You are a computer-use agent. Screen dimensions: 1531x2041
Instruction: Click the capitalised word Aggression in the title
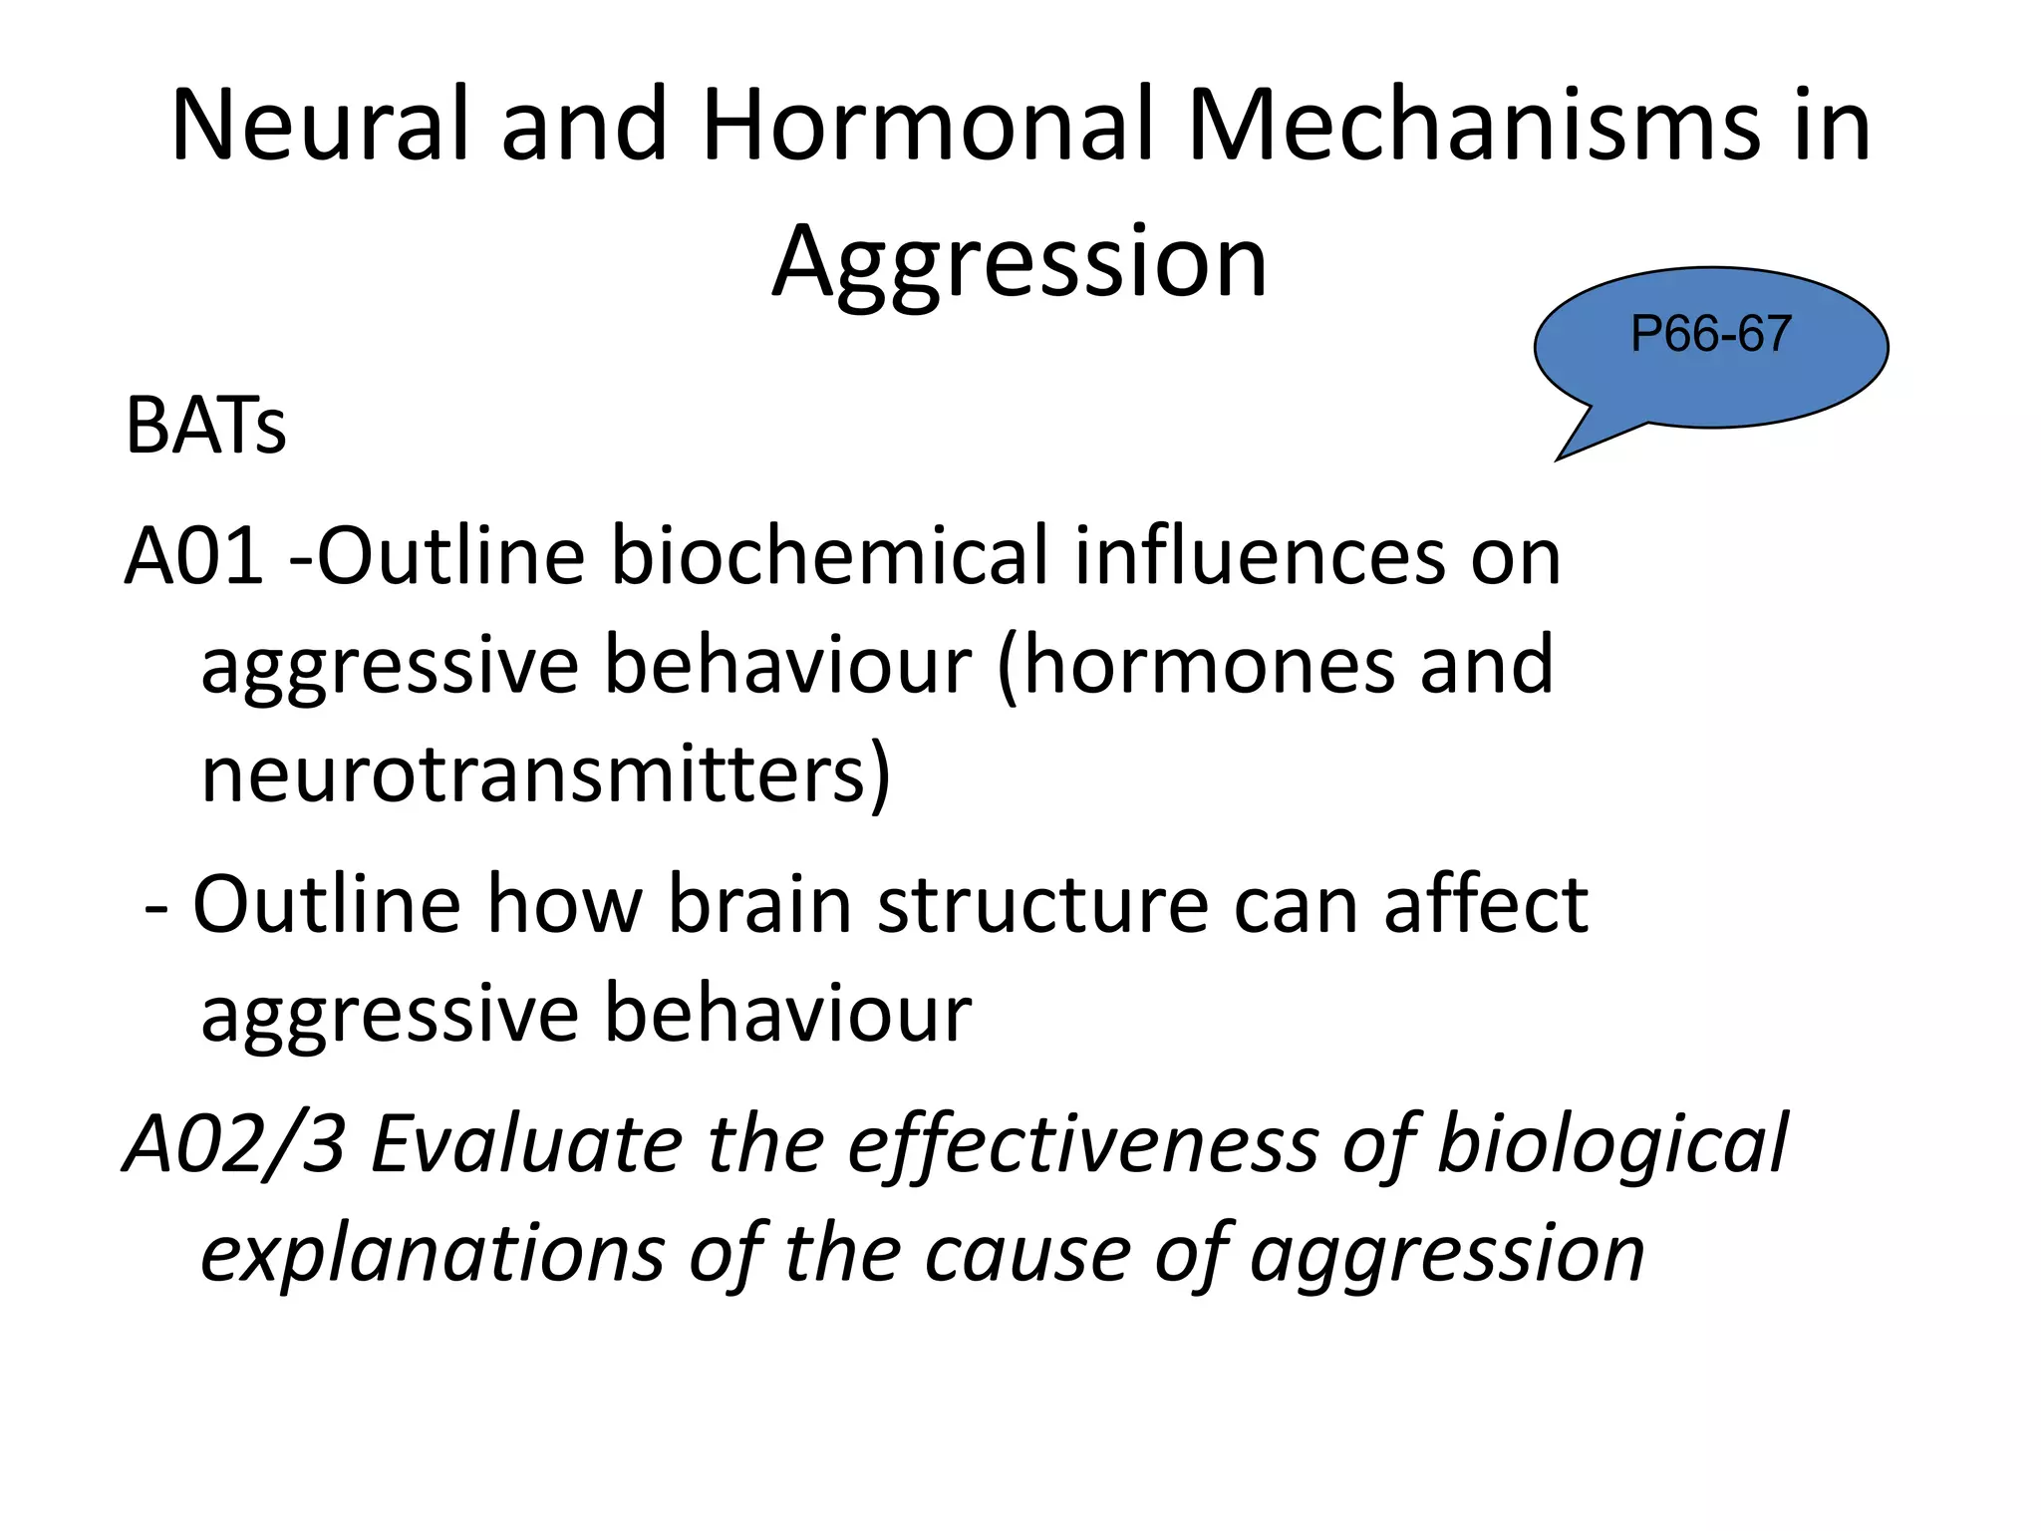coord(1020,262)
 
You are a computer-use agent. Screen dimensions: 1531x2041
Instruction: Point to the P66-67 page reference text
coord(1710,333)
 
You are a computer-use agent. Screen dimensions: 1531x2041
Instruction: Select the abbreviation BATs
coord(205,427)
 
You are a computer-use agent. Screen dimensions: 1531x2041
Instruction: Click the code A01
coord(194,555)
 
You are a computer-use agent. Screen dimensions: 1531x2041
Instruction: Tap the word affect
coord(1485,904)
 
